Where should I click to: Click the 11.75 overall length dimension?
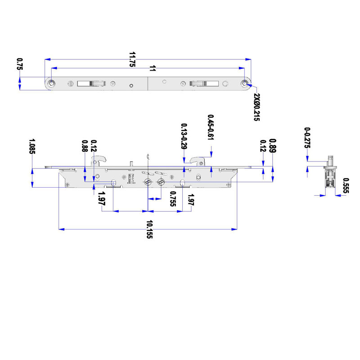(132, 59)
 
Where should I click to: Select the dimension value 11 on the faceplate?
(153, 68)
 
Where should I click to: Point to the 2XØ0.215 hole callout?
(257, 107)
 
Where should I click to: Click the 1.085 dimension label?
(31, 146)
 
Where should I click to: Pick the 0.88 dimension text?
(85, 148)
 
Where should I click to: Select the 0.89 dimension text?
(272, 146)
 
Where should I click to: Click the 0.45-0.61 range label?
(210, 127)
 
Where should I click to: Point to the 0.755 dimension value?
(172, 199)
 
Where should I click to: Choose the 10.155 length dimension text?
(149, 229)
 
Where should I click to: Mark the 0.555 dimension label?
(346, 186)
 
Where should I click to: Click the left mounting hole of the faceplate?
(53, 84)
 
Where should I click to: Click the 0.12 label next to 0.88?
(94, 146)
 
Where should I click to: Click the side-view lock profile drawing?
(330, 175)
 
